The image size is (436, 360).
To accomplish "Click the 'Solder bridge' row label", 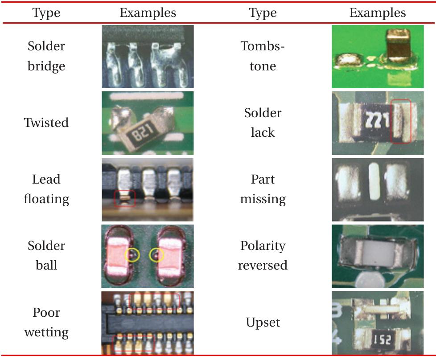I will (46, 56).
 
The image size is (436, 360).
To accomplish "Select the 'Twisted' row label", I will (46, 123).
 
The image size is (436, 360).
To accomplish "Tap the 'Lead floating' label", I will (46, 189).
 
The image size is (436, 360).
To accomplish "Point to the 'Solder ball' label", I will (46, 255).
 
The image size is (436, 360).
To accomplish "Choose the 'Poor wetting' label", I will (46, 322).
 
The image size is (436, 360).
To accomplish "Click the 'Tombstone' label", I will (263, 56).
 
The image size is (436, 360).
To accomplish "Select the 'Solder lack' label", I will (263, 123).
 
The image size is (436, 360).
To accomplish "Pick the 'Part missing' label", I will (263, 189).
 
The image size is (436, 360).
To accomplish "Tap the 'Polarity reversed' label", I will (263, 255).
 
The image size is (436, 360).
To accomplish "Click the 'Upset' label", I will (263, 322).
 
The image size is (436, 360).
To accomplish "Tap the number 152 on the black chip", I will (382, 340).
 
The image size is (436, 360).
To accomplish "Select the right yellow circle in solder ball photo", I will (156, 255).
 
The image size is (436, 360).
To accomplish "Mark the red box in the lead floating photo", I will (125, 198).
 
